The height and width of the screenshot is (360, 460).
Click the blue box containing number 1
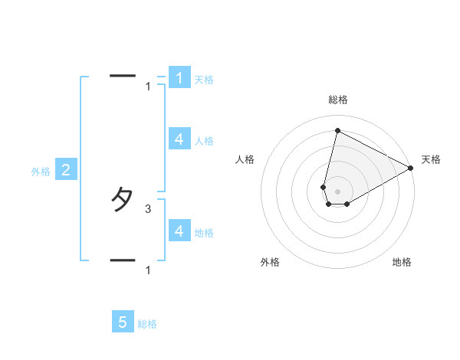tap(179, 77)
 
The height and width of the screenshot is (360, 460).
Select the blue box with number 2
tap(65, 170)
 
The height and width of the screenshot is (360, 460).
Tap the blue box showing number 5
tap(123, 322)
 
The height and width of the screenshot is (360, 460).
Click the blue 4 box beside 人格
tap(179, 139)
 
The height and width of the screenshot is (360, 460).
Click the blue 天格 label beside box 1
tap(204, 80)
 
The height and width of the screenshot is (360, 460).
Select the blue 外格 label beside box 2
tap(41, 172)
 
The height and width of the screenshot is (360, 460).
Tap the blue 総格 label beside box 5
tap(147, 324)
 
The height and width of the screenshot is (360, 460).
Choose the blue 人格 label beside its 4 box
tap(204, 141)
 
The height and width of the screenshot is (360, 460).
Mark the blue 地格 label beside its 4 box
tap(204, 232)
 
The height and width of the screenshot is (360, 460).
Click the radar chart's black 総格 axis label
tap(337, 100)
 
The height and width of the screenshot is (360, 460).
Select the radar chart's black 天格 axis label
tap(432, 159)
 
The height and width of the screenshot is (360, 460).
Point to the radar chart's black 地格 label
tap(402, 262)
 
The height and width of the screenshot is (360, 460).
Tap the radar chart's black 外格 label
tap(270, 262)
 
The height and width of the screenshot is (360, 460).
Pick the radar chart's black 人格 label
tap(245, 159)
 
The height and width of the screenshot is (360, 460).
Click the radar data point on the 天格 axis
tap(411, 168)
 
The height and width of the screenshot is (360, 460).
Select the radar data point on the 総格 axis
tap(337, 131)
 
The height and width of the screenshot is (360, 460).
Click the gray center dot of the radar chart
tap(337, 191)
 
